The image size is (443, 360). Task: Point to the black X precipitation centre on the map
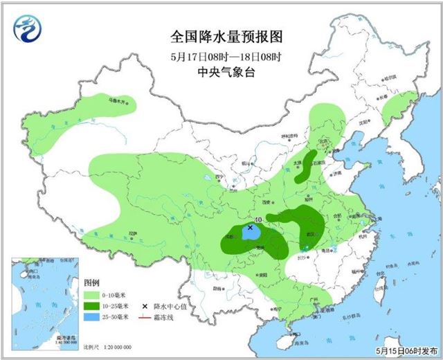pos(250,226)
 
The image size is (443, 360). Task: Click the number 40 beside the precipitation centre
pos(257,220)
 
